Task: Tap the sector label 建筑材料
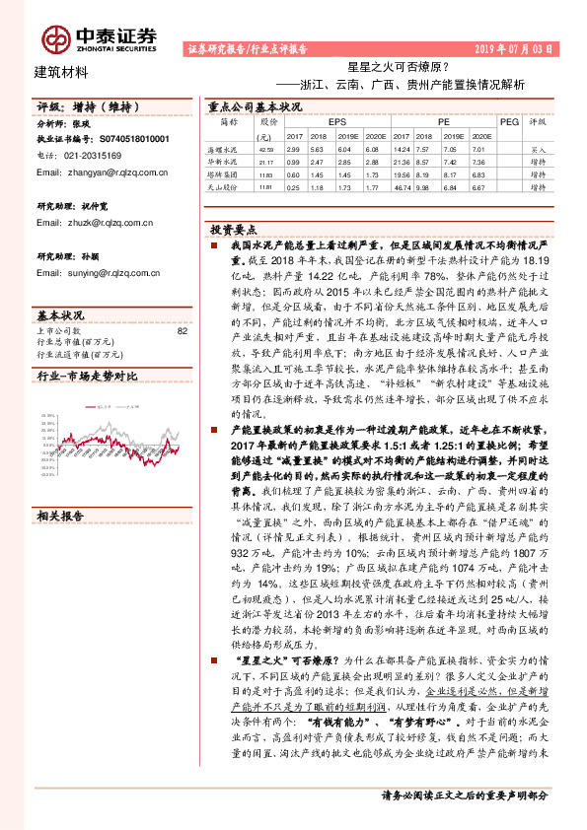click(61, 71)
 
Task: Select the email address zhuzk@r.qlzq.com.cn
click(99, 224)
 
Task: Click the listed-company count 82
click(181, 331)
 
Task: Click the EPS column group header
click(324, 121)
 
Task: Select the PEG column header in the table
click(508, 121)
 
